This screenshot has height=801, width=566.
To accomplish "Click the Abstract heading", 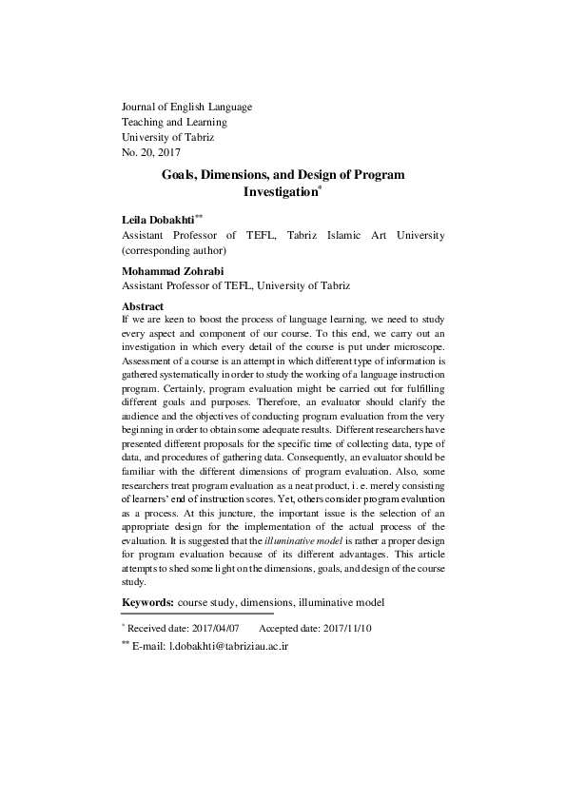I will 144,305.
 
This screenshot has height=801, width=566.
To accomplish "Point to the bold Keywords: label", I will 147,602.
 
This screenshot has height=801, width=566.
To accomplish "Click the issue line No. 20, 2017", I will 151,151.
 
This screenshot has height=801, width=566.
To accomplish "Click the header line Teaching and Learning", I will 174,122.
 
